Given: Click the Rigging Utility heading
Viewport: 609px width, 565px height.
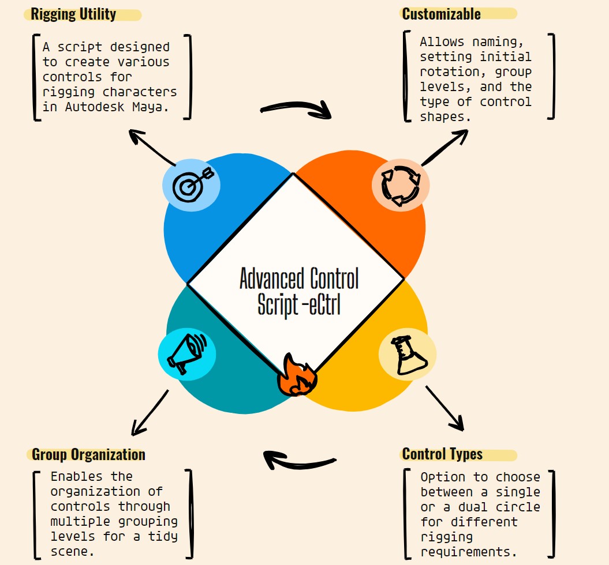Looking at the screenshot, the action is pyautogui.click(x=73, y=14).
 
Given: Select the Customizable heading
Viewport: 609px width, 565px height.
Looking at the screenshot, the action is pyautogui.click(x=441, y=14).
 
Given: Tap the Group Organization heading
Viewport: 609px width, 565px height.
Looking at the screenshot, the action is pyautogui.click(x=88, y=454).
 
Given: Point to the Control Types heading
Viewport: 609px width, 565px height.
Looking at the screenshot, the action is pyautogui.click(x=442, y=454).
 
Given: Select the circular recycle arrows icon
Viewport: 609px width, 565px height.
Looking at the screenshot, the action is pyautogui.click(x=401, y=186).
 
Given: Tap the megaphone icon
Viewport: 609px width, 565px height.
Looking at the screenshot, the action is pyautogui.click(x=186, y=353).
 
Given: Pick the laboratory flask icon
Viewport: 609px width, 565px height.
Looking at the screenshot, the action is pyautogui.click(x=408, y=355).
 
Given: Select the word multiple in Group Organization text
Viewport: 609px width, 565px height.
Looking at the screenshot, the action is pyautogui.click(x=80, y=522).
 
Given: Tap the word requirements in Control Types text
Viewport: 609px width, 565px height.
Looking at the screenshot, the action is pyautogui.click(x=468, y=552).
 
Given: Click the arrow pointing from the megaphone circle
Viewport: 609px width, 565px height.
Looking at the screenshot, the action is pyautogui.click(x=150, y=412).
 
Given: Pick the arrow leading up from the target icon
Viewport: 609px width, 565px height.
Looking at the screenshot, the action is pyautogui.click(x=151, y=147).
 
